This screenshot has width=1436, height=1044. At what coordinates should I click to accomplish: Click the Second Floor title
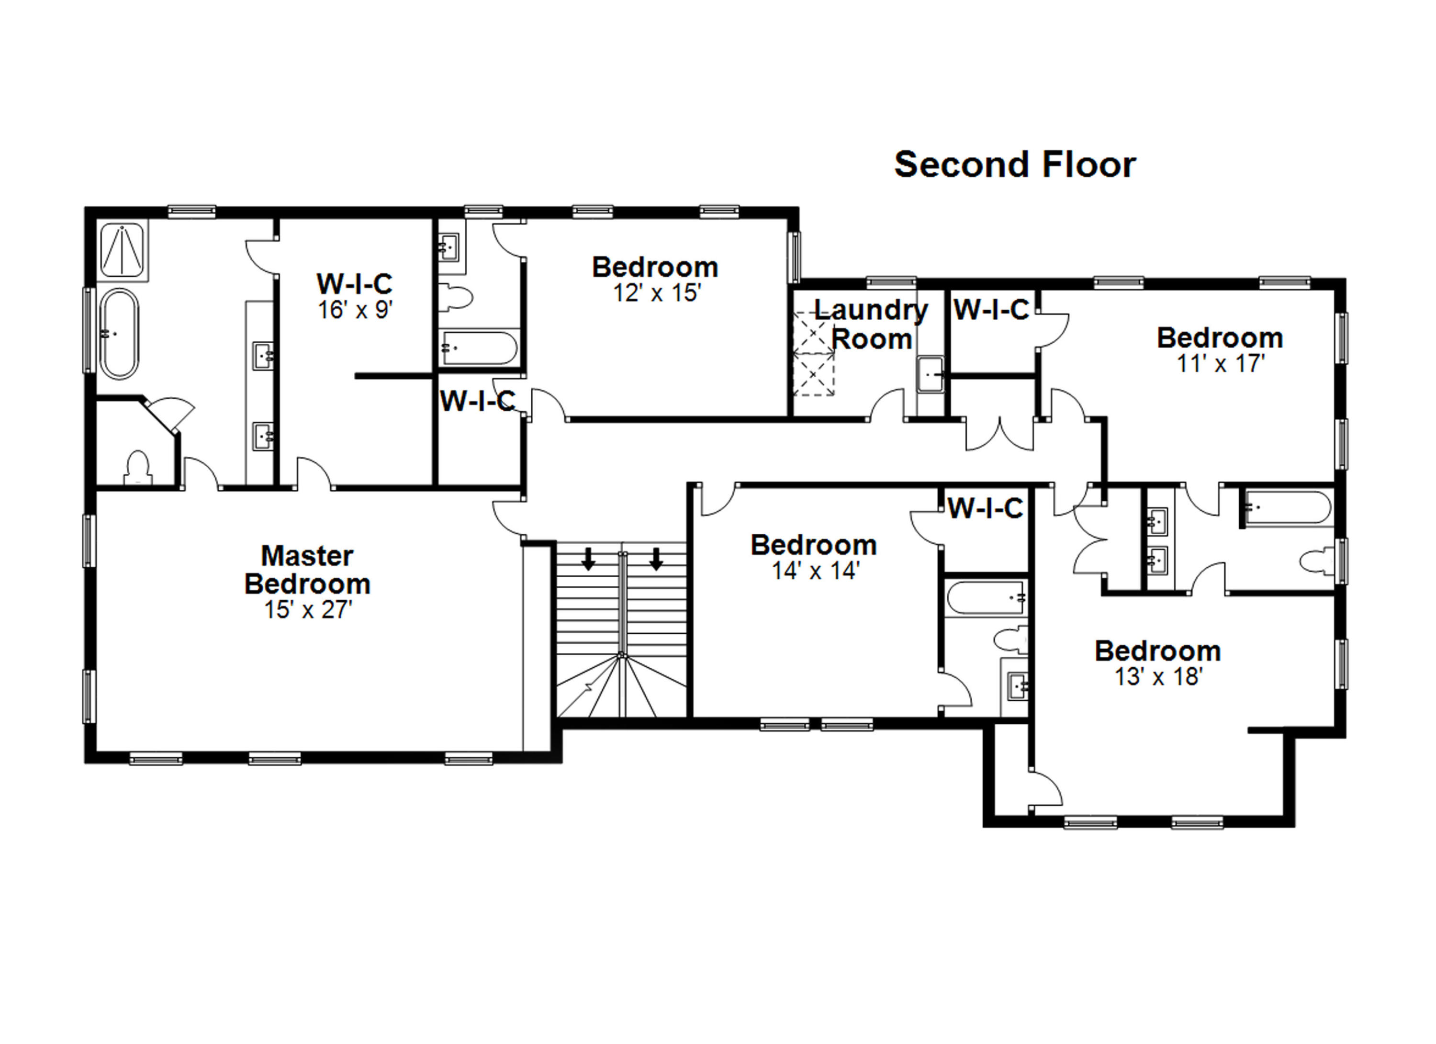pos(1014,165)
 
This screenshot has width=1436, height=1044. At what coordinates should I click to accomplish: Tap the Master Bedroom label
pos(307,570)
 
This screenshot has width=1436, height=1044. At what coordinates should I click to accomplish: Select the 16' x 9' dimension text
pos(355,310)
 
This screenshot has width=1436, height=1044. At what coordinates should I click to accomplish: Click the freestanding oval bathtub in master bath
pos(119,334)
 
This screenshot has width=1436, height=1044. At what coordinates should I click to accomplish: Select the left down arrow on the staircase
pos(588,559)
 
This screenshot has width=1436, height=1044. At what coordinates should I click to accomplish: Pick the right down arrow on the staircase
pos(656,559)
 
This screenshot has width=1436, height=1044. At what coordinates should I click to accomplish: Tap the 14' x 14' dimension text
pos(815,571)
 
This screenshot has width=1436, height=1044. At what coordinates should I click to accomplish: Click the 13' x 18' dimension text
pos(1158,677)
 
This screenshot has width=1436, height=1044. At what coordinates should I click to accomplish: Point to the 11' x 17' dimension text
pos(1220,364)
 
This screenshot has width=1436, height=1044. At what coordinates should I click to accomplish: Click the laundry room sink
pos(930,375)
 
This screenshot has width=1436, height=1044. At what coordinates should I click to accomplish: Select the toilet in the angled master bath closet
pos(137,467)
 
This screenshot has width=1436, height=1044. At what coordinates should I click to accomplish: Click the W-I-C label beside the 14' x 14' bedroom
pos(985,508)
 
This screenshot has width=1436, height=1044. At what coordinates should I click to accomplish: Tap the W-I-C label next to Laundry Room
pos(991,310)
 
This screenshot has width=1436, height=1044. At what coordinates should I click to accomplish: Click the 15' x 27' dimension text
pos(308,610)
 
